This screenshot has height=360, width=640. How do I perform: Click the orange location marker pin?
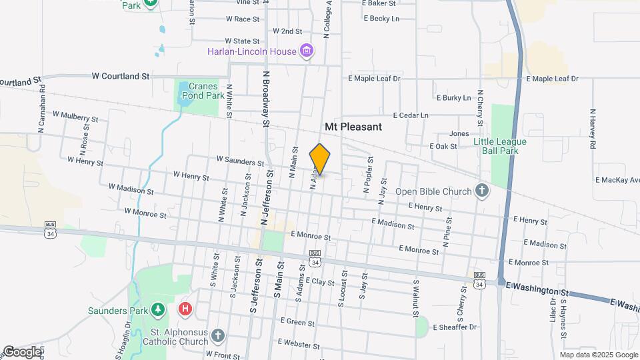(x=320, y=159)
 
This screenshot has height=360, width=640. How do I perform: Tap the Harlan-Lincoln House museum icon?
(x=307, y=51)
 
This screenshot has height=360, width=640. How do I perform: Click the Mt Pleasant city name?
(x=353, y=126)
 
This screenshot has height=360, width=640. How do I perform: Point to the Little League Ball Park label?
(x=500, y=146)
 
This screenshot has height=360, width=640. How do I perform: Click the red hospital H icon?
(x=186, y=309)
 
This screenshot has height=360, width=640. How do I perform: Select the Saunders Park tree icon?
(x=157, y=310)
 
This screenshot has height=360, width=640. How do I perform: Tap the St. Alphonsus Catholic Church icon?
(x=218, y=335)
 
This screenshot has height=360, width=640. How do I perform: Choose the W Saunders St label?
(x=240, y=161)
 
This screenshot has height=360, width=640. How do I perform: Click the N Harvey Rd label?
(x=592, y=128)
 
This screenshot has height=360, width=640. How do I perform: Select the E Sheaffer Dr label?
(x=455, y=327)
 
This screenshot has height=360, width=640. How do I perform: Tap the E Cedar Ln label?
(x=411, y=115)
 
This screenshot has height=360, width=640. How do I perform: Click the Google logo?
(x=22, y=351)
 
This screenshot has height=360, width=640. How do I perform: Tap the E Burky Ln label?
(x=453, y=98)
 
